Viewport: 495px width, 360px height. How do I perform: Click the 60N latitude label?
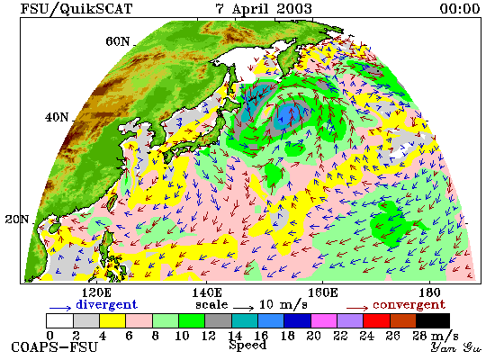118,41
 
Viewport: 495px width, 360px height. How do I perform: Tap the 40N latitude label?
57,118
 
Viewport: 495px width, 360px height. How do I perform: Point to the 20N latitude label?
17,220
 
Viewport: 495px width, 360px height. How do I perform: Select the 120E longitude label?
96,292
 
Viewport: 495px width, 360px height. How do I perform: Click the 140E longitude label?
207,292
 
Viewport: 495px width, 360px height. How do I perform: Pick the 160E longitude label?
322,292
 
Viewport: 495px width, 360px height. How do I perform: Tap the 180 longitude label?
429,292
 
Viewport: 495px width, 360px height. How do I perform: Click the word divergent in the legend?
107,305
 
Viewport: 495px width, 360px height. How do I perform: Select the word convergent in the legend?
409,305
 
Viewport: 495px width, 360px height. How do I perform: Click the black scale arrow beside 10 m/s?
243,308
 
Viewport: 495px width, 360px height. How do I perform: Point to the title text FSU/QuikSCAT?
76,8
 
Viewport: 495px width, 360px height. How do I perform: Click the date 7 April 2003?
264,8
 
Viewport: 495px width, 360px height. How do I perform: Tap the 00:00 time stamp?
460,8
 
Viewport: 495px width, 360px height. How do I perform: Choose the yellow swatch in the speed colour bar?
112,320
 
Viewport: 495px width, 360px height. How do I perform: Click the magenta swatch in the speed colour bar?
324,320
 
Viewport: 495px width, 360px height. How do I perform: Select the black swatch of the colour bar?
433,320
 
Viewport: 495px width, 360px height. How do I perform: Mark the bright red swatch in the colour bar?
376,320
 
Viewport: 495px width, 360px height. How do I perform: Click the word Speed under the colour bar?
247,345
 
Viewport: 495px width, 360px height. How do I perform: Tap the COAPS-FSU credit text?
54,347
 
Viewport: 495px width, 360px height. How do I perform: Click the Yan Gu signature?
456,347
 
